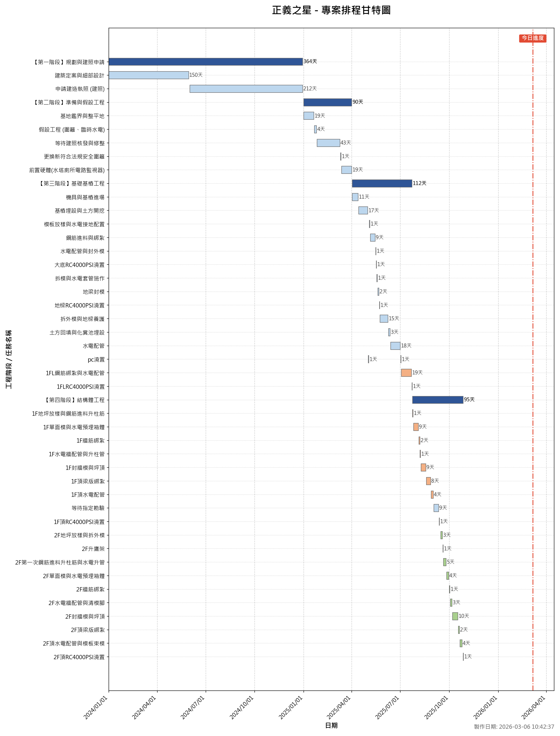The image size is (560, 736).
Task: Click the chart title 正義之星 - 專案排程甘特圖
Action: pos(331,10)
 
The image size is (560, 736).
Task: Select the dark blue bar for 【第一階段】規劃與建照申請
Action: pos(205,62)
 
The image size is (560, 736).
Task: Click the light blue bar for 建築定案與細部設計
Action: pos(149,75)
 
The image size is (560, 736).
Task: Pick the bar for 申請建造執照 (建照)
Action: pos(246,89)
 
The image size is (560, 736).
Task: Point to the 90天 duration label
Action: pos(358,102)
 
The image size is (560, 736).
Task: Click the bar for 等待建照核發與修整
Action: pos(328,143)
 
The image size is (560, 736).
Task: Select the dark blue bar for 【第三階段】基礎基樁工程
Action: pos(382,183)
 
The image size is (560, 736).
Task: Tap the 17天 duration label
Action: pos(374,211)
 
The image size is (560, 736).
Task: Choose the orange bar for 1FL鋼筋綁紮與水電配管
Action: pos(406,373)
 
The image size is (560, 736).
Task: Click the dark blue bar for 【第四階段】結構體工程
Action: pos(438,400)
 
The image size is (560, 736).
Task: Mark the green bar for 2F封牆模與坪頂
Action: pos(455,616)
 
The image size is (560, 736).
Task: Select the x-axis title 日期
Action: pos(331,726)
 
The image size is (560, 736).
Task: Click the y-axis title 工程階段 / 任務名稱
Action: pos(9,359)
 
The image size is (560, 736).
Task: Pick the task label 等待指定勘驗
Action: pos(88,508)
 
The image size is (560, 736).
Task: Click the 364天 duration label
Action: pos(310,62)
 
